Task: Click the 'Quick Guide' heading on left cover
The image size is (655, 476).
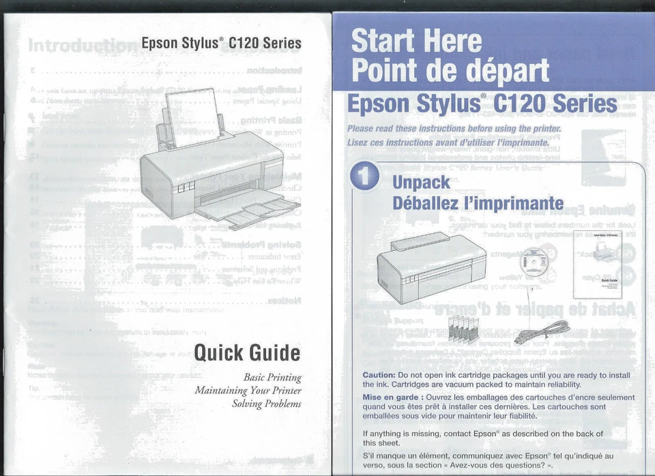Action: click(x=247, y=353)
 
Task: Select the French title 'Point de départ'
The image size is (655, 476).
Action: click(x=450, y=70)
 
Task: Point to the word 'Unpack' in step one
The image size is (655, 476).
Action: click(x=421, y=182)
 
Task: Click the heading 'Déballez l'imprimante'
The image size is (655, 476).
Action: click(x=478, y=203)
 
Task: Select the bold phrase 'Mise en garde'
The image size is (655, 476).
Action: click(x=391, y=397)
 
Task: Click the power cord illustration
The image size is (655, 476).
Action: click(x=543, y=331)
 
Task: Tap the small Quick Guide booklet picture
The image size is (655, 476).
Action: click(x=598, y=264)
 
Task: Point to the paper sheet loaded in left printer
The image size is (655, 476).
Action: click(x=193, y=117)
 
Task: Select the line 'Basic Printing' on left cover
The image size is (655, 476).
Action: click(x=272, y=378)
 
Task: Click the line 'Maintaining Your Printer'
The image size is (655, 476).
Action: click(x=248, y=391)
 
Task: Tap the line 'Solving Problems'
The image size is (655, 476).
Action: click(x=266, y=404)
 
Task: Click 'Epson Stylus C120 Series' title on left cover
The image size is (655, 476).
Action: click(x=221, y=43)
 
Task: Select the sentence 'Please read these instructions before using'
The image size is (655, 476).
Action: click(x=454, y=129)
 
